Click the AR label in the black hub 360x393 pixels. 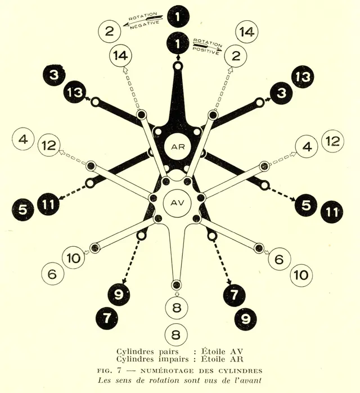click(178, 147)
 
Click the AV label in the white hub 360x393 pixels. click(177, 202)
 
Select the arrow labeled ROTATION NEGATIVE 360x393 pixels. click(143, 21)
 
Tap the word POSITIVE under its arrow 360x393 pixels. click(206, 51)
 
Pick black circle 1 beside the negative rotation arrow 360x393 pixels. click(178, 17)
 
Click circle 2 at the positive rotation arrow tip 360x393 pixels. click(235, 56)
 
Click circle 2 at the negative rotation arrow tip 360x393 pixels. click(110, 31)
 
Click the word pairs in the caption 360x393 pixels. click(169, 351)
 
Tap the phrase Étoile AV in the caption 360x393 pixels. click(222, 351)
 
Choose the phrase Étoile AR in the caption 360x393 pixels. click(222, 359)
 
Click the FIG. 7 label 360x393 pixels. click(109, 371)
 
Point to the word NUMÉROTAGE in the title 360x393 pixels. click(167, 371)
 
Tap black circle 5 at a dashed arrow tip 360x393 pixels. click(306, 205)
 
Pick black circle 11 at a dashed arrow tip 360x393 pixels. click(48, 204)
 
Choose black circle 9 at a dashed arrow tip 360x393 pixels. click(119, 295)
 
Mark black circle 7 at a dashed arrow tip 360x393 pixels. click(234, 295)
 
